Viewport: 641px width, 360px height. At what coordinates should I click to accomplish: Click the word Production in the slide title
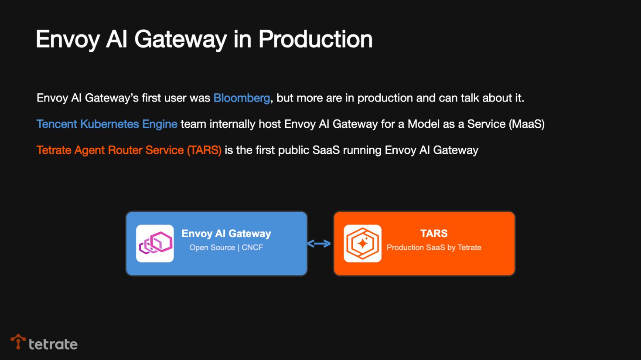pyautogui.click(x=315, y=39)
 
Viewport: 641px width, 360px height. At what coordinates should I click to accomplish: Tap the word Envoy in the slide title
pyautogui.click(x=68, y=39)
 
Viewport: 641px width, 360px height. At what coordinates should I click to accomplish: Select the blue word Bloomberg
pyautogui.click(x=242, y=98)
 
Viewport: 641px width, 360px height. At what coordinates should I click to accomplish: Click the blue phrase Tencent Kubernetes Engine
pyautogui.click(x=107, y=124)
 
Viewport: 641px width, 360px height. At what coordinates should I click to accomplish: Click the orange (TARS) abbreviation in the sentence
pyautogui.click(x=204, y=150)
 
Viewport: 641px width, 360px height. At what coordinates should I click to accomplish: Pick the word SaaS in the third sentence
pyautogui.click(x=326, y=150)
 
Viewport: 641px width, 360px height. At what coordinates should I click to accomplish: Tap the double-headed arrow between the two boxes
pyautogui.click(x=319, y=244)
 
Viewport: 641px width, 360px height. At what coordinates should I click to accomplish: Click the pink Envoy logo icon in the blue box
pyautogui.click(x=155, y=244)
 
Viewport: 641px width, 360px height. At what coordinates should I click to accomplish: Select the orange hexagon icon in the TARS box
pyautogui.click(x=362, y=244)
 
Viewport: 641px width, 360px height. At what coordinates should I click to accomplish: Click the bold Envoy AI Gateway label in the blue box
pyautogui.click(x=226, y=234)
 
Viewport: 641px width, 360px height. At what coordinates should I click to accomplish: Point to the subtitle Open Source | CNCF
pyautogui.click(x=226, y=248)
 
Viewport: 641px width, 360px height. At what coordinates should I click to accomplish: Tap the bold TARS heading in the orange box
pyautogui.click(x=434, y=234)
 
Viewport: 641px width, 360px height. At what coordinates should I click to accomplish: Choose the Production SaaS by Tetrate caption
pyautogui.click(x=434, y=248)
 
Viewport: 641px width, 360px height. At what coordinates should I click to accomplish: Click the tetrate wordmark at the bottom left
pyautogui.click(x=53, y=344)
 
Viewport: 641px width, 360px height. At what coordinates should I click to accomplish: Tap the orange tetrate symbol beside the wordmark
pyautogui.click(x=18, y=342)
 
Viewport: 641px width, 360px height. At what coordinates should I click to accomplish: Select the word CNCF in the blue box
pyautogui.click(x=252, y=248)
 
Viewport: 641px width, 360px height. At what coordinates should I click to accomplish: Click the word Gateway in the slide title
pyautogui.click(x=181, y=39)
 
